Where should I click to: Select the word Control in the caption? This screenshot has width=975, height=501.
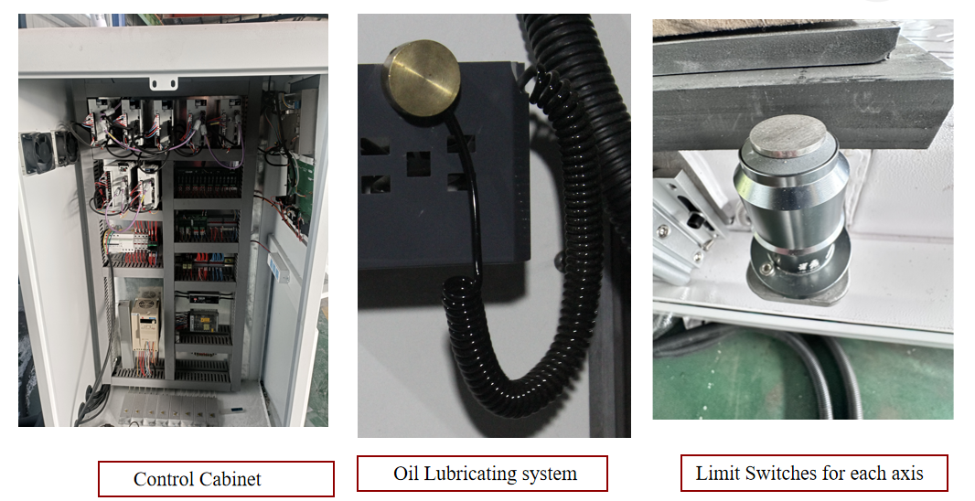(x=162, y=479)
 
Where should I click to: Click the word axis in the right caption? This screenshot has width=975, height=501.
(x=907, y=474)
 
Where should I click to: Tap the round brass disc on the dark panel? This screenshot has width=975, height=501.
(x=423, y=78)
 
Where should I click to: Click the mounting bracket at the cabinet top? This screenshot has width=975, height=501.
(x=164, y=82)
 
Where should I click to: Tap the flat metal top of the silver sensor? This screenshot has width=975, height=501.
(x=787, y=135)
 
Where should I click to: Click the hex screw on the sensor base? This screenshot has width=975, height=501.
(x=768, y=270)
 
